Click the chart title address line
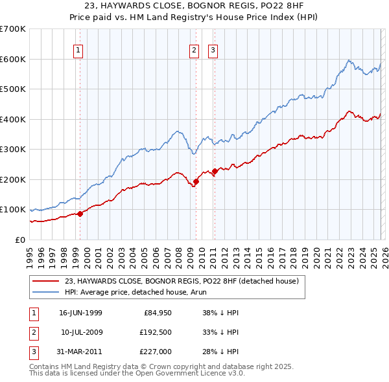[194, 6]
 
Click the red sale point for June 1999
[80, 214]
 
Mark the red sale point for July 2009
[196, 181]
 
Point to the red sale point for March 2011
[215, 171]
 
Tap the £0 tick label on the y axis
[19, 240]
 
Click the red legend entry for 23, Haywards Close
[182, 281]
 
